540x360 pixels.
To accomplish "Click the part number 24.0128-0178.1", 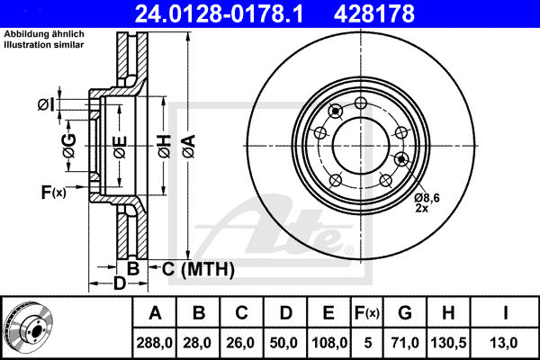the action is (x=219, y=13).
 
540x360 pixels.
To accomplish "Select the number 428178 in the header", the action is (x=374, y=13).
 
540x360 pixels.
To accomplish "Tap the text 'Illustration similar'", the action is (x=44, y=45).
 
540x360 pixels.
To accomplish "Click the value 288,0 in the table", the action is (x=154, y=343).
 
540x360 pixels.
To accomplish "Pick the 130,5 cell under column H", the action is (x=448, y=343).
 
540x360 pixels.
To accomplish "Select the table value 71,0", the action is (x=405, y=343).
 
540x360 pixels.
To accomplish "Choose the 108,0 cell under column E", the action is (x=329, y=343).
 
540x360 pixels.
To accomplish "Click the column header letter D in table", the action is (x=286, y=313).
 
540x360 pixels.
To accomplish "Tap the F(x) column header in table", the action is (x=367, y=313).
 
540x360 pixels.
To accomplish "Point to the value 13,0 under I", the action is (x=503, y=343).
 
